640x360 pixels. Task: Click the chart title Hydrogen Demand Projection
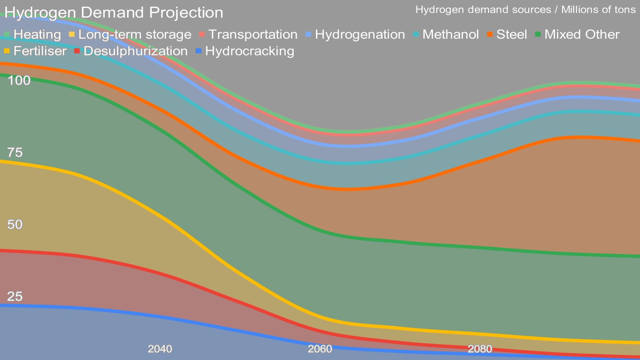[x=114, y=13]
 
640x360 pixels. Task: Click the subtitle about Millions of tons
[x=525, y=10]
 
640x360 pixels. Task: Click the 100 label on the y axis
[x=19, y=81]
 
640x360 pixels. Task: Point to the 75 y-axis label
[x=15, y=153]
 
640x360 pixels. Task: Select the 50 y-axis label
[x=15, y=225]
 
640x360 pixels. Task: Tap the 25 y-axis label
[x=15, y=296]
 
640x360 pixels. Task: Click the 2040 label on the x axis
[x=160, y=349]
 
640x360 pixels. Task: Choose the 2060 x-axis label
[x=320, y=349]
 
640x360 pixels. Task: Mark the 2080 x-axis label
[x=480, y=349]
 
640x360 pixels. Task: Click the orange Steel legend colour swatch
[x=490, y=35]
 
